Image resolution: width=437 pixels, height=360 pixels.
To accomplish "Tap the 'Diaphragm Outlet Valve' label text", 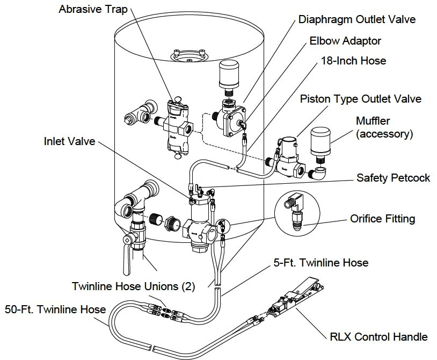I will click(356, 20).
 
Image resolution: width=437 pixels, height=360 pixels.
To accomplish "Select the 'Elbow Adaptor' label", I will click(346, 41).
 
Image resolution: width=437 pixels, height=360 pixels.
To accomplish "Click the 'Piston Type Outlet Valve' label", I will click(360, 99).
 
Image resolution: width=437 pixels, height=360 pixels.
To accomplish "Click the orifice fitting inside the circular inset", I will click(296, 212).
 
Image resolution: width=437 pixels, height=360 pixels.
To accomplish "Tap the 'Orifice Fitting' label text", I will click(382, 219).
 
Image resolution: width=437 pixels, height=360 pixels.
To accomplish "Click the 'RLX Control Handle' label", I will click(378, 337).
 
